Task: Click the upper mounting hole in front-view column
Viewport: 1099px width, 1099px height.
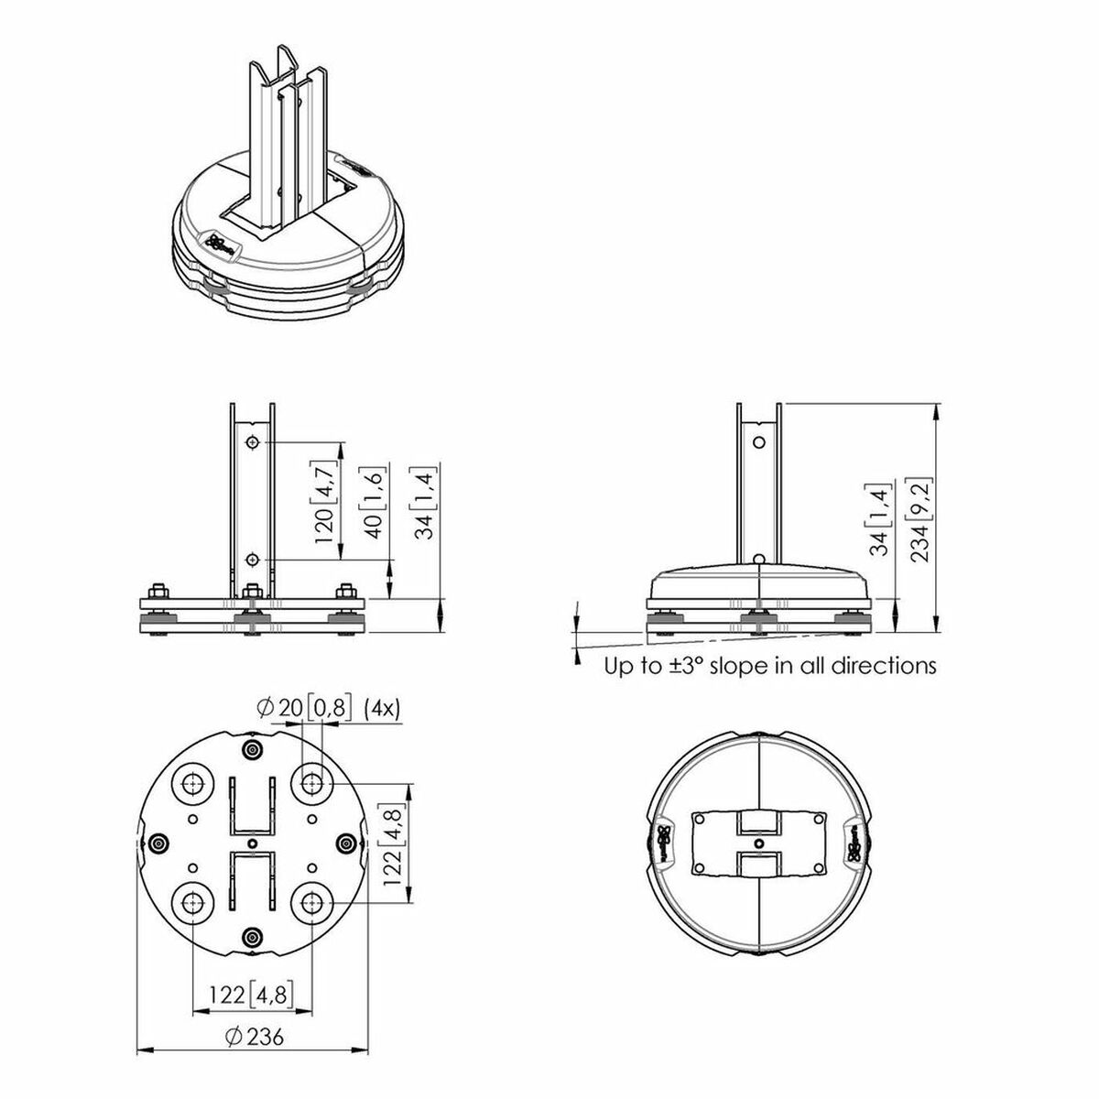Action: [x=252, y=443]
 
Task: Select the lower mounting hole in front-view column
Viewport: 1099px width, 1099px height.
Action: [x=252, y=559]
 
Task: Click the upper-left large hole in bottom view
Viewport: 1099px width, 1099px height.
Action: [x=194, y=784]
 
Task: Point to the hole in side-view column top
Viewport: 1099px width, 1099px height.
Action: [x=757, y=441]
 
